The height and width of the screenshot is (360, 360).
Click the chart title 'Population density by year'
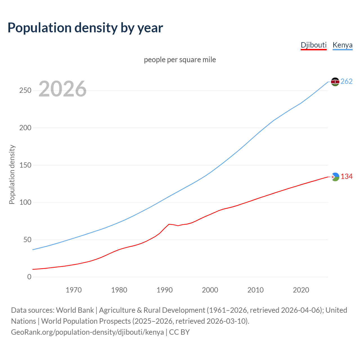85,28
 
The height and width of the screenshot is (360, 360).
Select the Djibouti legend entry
314,45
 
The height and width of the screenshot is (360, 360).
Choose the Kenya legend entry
342,45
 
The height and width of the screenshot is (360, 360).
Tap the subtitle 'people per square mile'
180,60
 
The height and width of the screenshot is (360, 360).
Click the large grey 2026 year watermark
62,89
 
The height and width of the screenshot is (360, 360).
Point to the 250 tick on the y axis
25,91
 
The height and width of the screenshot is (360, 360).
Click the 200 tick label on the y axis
25,128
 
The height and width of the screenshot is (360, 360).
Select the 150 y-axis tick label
25,165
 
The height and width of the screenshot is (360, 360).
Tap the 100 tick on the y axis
25,202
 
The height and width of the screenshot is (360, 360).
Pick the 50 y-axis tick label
27,240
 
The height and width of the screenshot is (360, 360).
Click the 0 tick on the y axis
29,277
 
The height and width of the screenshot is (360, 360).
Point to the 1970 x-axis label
74,290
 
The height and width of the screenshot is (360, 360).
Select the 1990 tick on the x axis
165,290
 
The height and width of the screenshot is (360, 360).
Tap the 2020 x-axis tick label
301,290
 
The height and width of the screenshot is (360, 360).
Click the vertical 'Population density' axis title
12,174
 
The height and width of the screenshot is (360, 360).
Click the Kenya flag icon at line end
335,82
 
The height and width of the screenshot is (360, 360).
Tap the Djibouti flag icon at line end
335,177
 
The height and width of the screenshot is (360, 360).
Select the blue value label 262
346,82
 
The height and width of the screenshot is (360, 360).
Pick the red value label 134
346,177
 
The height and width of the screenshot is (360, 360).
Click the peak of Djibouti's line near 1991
169,224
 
